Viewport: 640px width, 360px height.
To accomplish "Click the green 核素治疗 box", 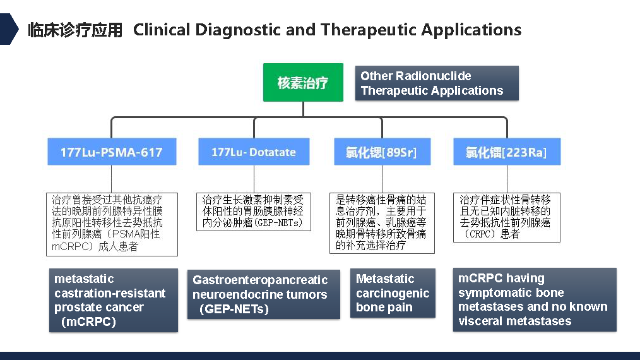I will (303, 82).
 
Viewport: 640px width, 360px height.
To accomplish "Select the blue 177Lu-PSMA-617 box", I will (111, 152).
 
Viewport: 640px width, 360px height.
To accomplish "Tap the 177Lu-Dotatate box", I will (254, 152).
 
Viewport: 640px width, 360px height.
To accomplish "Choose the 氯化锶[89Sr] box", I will (381, 152).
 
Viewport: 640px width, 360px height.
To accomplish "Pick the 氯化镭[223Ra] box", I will (506, 152).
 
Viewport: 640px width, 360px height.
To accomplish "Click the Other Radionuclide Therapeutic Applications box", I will (437, 83).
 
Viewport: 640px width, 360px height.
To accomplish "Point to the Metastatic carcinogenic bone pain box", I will (393, 293).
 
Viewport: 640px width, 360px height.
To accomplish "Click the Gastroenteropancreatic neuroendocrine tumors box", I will (260, 294).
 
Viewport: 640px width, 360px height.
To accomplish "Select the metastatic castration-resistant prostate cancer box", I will (113, 300).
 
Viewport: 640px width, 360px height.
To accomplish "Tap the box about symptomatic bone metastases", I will (535, 299).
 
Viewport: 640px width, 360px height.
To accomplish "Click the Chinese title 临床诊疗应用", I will (75, 30).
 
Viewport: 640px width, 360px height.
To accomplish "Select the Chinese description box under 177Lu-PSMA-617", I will (112, 224).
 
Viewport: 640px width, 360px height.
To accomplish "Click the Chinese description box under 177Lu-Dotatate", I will (253, 212).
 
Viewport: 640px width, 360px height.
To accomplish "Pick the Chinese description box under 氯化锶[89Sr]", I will (381, 223).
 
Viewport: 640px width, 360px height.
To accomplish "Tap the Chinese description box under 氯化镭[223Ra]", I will (506, 217).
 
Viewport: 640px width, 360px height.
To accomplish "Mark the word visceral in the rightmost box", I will (479, 321).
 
